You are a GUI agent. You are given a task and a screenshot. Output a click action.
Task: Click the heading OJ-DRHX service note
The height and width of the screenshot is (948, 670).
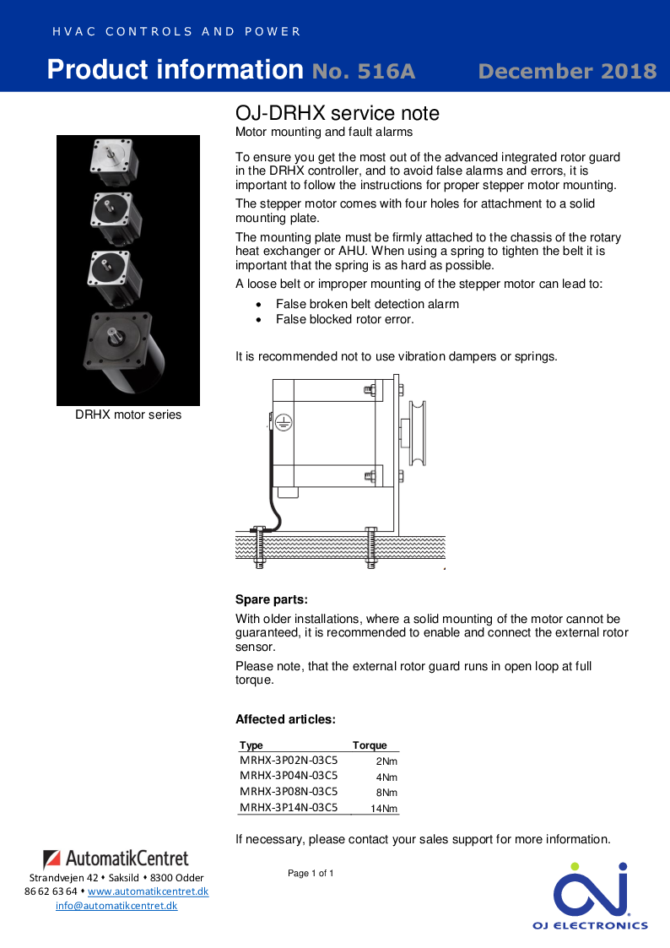point(337,113)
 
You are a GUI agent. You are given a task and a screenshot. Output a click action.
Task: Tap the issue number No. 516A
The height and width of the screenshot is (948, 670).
point(364,71)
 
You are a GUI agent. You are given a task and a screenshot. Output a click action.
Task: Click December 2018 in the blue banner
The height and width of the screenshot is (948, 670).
point(567,71)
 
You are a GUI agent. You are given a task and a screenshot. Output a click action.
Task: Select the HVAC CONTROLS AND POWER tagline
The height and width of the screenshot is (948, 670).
point(176,32)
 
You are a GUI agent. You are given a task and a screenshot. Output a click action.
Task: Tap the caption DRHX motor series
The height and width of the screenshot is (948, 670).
point(128,414)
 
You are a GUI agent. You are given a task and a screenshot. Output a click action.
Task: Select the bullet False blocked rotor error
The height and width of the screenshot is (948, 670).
point(344,319)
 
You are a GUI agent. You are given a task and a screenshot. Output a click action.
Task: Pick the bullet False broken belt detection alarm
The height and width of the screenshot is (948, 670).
point(367,304)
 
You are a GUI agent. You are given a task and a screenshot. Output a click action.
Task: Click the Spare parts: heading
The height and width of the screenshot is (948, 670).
point(271,600)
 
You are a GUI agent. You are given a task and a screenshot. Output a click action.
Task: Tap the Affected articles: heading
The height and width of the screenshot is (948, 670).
point(285,719)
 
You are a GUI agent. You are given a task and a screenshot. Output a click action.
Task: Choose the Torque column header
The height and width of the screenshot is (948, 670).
point(370,745)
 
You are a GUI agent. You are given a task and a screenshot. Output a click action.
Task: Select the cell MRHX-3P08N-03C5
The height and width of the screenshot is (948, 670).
point(289,792)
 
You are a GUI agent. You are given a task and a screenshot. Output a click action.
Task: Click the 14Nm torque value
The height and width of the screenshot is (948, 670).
point(384,809)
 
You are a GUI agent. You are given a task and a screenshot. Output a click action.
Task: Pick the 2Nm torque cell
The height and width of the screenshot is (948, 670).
point(386,761)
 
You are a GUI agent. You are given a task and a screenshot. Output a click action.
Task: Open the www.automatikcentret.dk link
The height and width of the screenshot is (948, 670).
point(148,891)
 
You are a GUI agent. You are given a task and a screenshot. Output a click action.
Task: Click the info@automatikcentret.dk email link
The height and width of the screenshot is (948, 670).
point(116,906)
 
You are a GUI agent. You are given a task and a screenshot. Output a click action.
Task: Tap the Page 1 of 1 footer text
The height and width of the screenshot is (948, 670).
point(311,873)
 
